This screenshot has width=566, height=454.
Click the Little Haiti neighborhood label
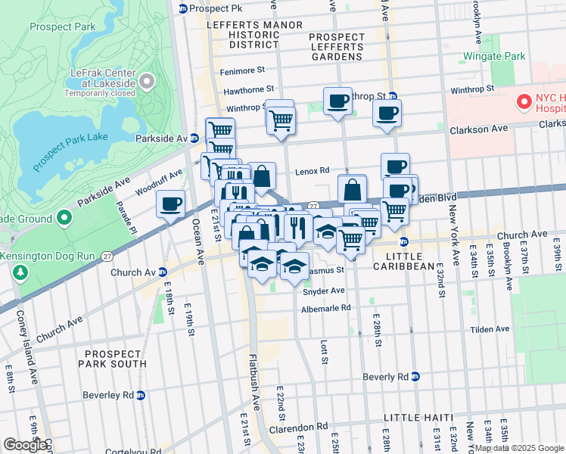pos(418,418)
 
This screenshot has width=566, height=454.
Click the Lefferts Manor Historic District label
pos(243,35)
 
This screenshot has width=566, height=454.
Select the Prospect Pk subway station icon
pos(182,8)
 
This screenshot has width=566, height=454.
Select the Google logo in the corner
pos(24,445)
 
